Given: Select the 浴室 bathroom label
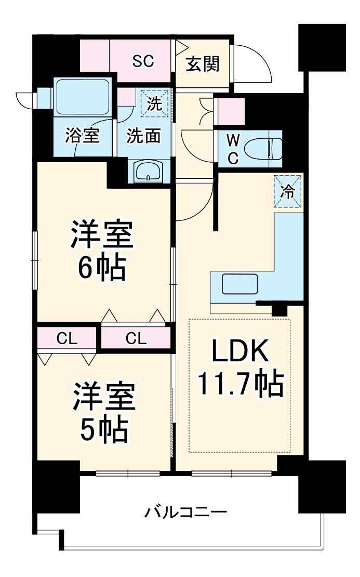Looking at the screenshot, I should [x=82, y=136].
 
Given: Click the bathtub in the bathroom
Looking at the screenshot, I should [x=83, y=97].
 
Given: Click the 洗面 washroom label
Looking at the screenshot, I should [x=144, y=136].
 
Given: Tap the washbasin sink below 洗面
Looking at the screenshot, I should [x=148, y=171].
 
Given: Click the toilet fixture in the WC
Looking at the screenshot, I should [x=265, y=149].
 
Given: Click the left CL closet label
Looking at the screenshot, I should [x=67, y=339].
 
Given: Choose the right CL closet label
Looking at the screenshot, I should [x=136, y=339].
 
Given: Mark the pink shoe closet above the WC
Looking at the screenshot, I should [x=229, y=111].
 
